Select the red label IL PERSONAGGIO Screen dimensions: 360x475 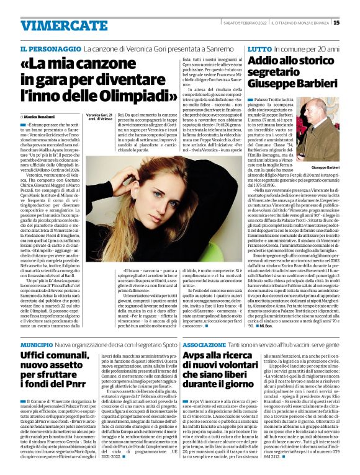58,48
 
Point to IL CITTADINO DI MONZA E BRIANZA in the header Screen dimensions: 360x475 302,23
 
